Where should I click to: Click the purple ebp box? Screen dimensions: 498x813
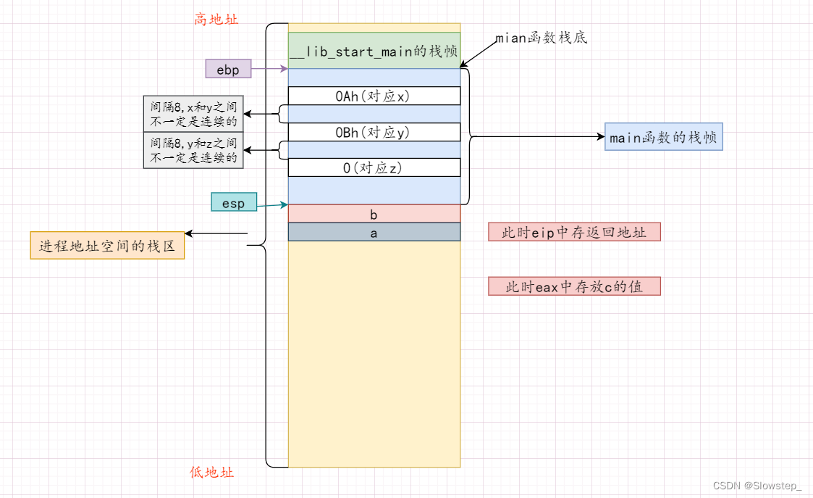228,70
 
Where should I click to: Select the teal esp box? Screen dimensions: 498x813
234,203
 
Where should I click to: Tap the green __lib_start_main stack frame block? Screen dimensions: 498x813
374,51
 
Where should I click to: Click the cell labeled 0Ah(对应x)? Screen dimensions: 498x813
374,96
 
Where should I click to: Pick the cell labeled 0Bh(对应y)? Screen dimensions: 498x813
374,132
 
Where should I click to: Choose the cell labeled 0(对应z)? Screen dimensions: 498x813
374,167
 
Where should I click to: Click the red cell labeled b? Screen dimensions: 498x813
374,214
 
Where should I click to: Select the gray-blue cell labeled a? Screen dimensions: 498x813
374,232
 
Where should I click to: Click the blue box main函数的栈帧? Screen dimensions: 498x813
663,137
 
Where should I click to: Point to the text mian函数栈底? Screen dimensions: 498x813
541,38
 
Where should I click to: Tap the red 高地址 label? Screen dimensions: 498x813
216,20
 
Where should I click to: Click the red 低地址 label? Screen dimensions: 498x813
212,473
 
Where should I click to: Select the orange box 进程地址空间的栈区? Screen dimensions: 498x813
107,246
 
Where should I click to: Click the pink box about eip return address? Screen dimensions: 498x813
575,232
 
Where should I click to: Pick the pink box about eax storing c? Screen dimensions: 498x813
575,286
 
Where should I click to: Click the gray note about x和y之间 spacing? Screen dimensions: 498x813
193,115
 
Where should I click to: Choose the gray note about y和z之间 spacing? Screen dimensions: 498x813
193,151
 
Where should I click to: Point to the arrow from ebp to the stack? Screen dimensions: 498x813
269,70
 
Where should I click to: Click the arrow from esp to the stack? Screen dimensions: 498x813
272,205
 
